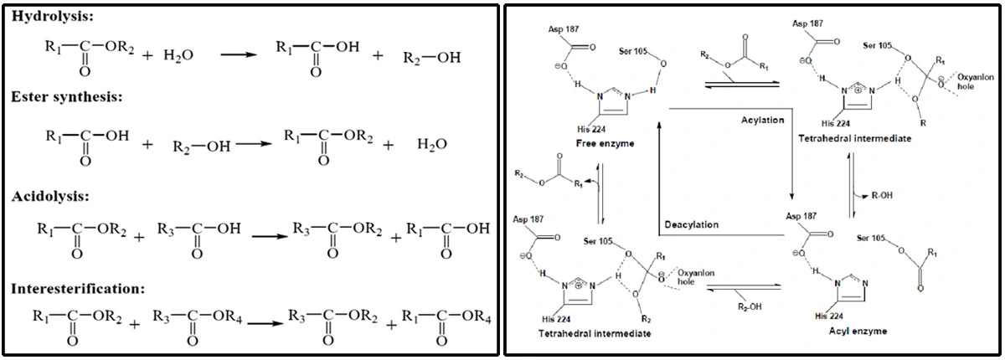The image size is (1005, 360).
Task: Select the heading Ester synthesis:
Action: coord(68,98)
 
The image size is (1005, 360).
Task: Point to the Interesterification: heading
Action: coord(76,289)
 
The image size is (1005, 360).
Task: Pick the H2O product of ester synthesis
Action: coord(431,143)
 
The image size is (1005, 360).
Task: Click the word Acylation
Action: coord(762,120)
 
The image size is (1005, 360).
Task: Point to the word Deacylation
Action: coord(691,224)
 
